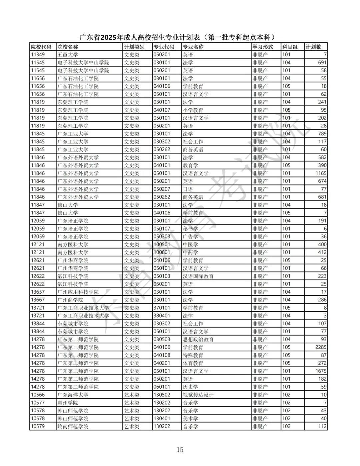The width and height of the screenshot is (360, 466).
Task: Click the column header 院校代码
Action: (x=41, y=47)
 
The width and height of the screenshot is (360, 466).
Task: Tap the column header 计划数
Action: (x=313, y=47)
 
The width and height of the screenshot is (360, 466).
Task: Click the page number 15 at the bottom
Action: (x=180, y=449)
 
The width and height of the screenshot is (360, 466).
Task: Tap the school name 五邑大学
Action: (x=68, y=55)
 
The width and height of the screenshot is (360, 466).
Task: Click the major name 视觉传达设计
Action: (x=198, y=395)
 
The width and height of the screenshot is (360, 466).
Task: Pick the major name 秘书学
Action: (x=190, y=228)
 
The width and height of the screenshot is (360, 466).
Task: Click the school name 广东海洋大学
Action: (x=73, y=395)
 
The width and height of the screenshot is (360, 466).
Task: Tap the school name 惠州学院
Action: (x=68, y=403)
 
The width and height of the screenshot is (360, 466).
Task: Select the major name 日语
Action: (x=188, y=189)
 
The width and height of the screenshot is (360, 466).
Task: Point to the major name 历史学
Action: (x=190, y=387)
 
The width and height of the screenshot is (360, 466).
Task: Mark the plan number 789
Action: (x=322, y=134)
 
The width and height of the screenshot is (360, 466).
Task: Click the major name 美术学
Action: (x=190, y=418)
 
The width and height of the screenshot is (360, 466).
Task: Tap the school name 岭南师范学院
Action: (x=73, y=426)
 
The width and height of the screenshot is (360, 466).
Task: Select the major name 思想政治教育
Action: (x=198, y=339)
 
